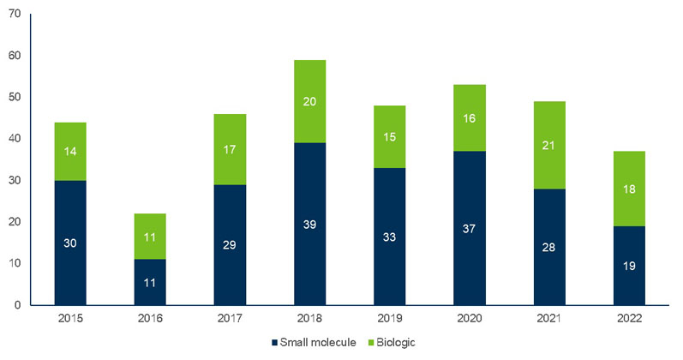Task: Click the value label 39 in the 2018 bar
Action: (310, 224)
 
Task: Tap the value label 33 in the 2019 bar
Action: (391, 236)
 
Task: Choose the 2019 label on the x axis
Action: (391, 318)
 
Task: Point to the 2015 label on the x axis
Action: (69, 318)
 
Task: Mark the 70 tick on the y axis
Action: (15, 15)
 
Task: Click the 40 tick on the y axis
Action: (15, 139)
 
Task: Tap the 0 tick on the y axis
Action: (18, 304)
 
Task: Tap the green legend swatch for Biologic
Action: (371, 343)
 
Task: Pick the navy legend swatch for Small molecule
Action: (274, 343)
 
